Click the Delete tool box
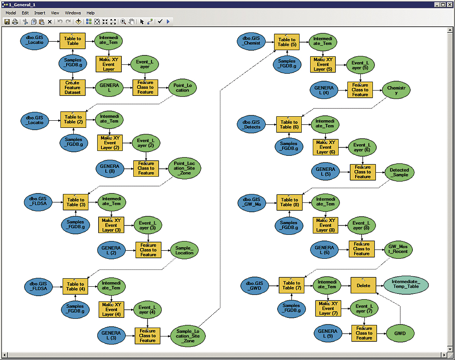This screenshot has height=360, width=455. [x=363, y=285]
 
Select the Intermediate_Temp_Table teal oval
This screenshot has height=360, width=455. [x=406, y=285]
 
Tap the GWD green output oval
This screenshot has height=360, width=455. [x=400, y=332]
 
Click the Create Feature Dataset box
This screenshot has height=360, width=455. [x=72, y=87]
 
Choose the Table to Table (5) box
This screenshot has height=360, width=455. [x=287, y=42]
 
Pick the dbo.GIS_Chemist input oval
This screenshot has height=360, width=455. [x=251, y=40]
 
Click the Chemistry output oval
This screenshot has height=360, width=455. [x=396, y=90]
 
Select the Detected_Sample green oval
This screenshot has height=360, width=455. [x=399, y=172]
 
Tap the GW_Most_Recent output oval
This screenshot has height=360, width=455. [x=398, y=249]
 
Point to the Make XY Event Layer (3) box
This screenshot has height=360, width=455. [x=111, y=225]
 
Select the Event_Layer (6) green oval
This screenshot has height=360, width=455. [x=361, y=147]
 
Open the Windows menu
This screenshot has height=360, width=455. [x=73, y=13]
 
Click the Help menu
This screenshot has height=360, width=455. [x=91, y=13]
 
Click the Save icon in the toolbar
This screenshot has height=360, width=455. [x=7, y=21]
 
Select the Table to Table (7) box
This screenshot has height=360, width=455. [x=291, y=285]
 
